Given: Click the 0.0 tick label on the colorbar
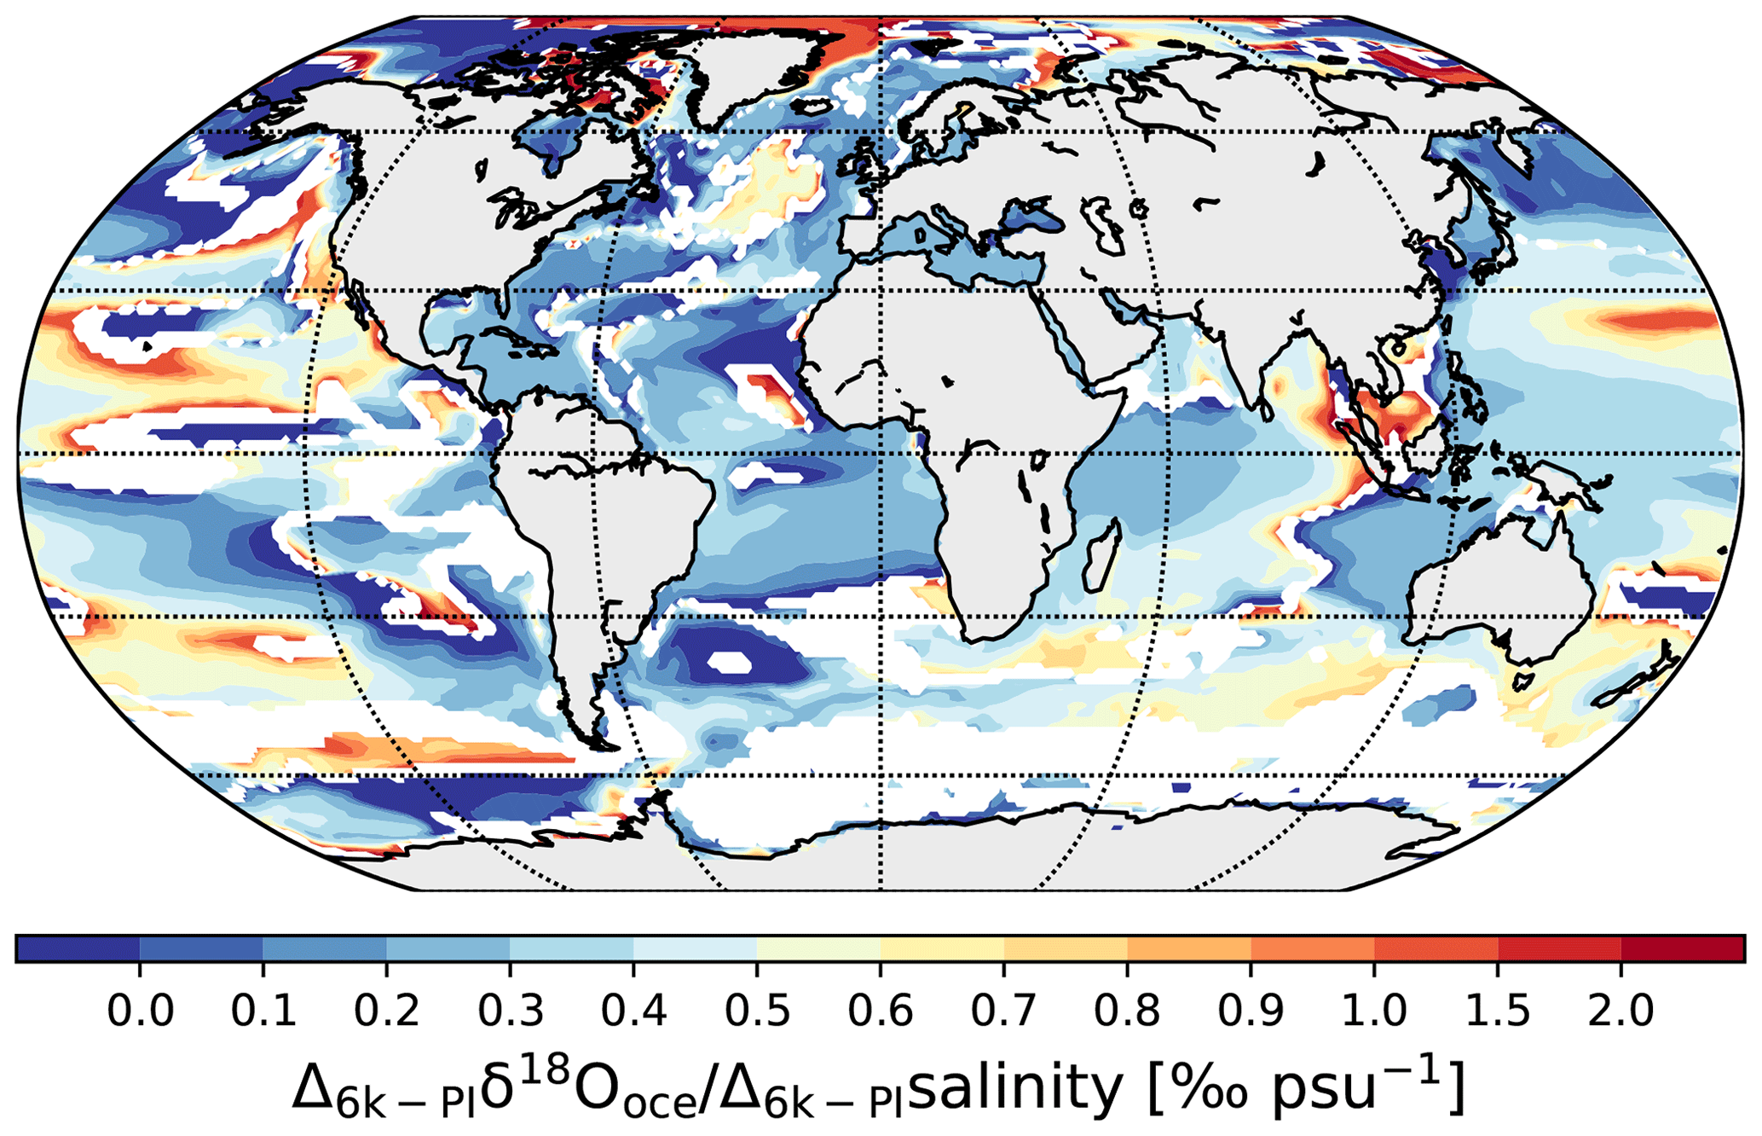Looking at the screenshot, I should click(x=140, y=1011).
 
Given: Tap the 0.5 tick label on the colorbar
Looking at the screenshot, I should click(x=757, y=1011).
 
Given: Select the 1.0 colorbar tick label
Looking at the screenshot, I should click(x=1374, y=1011).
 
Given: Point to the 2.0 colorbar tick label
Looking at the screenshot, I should click(x=1620, y=1011).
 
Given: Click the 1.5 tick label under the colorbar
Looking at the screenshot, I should click(x=1498, y=1011).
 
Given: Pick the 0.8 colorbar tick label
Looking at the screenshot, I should click(x=1127, y=1011).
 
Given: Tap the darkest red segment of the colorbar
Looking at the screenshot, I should click(x=1682, y=948).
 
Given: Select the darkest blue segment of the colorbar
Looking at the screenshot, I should click(x=78, y=948).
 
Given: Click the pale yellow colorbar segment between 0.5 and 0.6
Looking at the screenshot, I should click(x=818, y=948).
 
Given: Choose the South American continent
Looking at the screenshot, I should click(x=597, y=529).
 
